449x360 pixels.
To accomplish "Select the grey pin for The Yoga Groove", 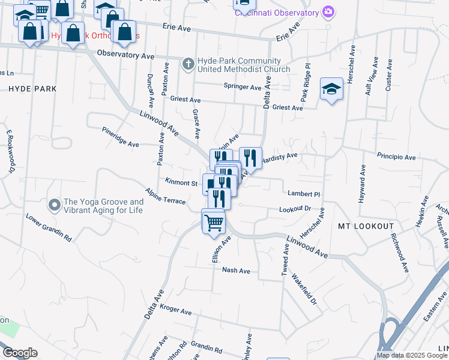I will pos(54,206).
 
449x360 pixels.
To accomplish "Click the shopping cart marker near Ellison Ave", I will pos(214,223).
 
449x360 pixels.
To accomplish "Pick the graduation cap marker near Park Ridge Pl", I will pos(331,89).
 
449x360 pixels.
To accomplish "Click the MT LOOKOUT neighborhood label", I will pos(366,226).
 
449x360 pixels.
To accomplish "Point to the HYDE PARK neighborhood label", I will pos(32,89).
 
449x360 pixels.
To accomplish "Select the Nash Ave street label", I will pos(236,271).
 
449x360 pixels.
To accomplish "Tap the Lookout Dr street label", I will pos(295,209).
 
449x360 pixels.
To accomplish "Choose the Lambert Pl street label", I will pos(304,194).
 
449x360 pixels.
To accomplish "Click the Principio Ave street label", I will pos(396,157).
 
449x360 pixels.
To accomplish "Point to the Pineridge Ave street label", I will pos(120,137).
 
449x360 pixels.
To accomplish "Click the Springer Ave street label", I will pos(243,87).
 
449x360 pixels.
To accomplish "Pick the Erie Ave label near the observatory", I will pos(287,33).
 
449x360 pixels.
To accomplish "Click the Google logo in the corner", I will pos(19,353).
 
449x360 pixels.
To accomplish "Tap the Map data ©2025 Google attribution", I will pos(412,355).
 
